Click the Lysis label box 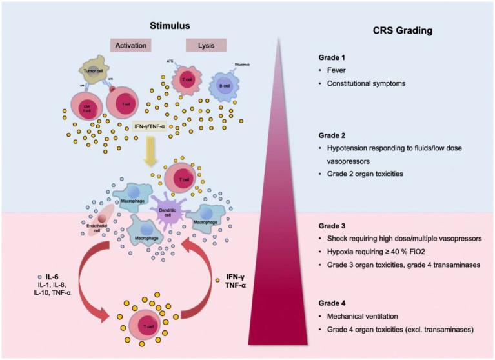click(x=206, y=46)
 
